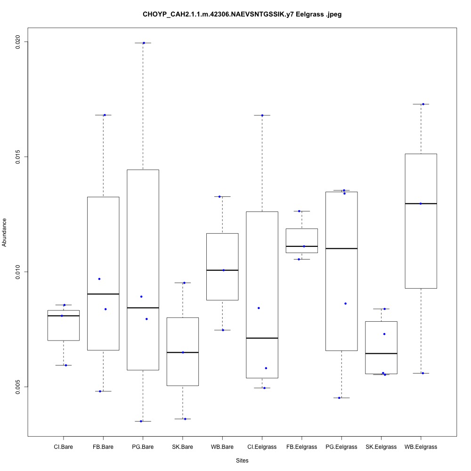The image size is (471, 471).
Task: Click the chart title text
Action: [x=242, y=15]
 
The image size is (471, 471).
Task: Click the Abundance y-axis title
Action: [x=5, y=232]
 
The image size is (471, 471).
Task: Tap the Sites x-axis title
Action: [x=242, y=460]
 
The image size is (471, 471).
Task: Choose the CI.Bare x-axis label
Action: [x=63, y=447]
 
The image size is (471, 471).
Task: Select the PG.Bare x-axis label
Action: [x=143, y=447]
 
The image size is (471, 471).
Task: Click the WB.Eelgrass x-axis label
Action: [x=421, y=447]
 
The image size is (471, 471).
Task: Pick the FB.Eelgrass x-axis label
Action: [x=301, y=447]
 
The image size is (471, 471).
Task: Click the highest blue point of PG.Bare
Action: [x=144, y=43]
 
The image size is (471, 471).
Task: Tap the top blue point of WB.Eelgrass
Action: [x=423, y=104]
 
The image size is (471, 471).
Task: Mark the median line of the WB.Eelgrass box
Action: [x=421, y=203]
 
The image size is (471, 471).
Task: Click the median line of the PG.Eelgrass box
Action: [x=341, y=248]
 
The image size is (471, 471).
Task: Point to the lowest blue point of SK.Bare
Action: [x=185, y=419]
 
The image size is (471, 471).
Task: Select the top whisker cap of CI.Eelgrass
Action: [x=262, y=115]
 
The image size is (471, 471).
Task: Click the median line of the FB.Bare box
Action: [x=103, y=294]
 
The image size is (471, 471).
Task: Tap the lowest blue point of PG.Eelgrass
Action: [x=339, y=398]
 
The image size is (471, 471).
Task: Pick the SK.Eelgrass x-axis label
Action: [x=381, y=447]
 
